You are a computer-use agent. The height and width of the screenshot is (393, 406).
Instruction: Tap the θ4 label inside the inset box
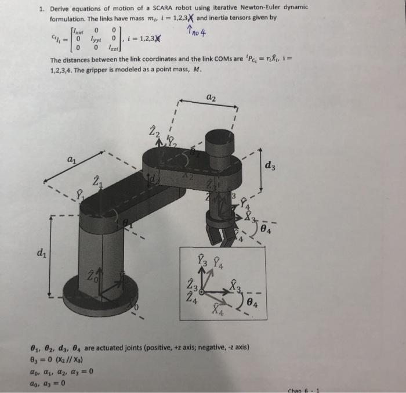point(251,303)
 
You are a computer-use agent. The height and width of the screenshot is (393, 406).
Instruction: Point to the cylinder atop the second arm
point(218,143)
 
